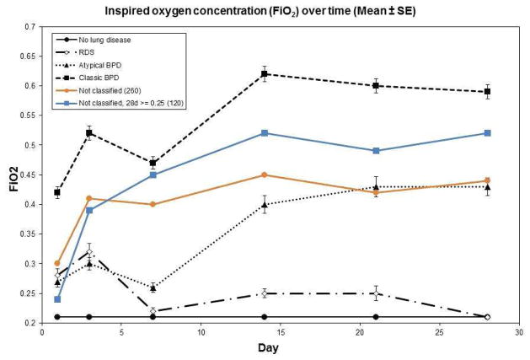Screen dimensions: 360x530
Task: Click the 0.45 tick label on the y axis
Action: (27, 175)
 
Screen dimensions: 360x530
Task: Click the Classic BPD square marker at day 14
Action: (264, 74)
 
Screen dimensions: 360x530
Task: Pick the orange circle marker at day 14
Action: (264, 175)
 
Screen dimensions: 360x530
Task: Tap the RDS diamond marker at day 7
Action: (153, 311)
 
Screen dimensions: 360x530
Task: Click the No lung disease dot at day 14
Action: (264, 317)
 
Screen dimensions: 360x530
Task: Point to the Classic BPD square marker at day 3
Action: (89, 133)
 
